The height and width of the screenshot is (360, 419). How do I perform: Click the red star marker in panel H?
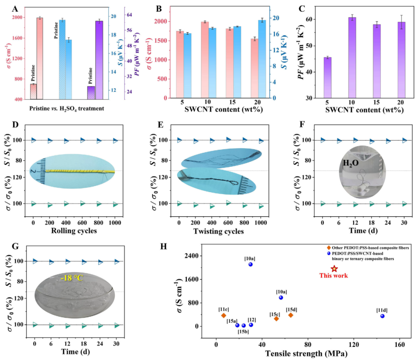pyautogui.click(x=334, y=269)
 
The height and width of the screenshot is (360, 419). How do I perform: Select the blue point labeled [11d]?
pyautogui.click(x=382, y=316)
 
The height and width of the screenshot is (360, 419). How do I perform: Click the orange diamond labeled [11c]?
pyautogui.click(x=224, y=315)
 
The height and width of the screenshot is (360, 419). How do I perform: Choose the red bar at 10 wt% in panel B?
pyautogui.click(x=204, y=59)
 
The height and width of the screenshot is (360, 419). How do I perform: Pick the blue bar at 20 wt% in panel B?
pyautogui.click(x=261, y=58)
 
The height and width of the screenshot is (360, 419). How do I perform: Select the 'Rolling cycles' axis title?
pyautogui.click(x=74, y=231)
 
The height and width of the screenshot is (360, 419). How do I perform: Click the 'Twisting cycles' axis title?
pyautogui.click(x=220, y=231)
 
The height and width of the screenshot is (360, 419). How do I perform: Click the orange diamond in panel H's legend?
pyautogui.click(x=329, y=248)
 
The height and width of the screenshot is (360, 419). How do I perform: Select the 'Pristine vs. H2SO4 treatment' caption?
pyautogui.click(x=66, y=108)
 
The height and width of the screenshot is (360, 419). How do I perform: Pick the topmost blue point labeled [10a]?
pyautogui.click(x=250, y=264)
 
